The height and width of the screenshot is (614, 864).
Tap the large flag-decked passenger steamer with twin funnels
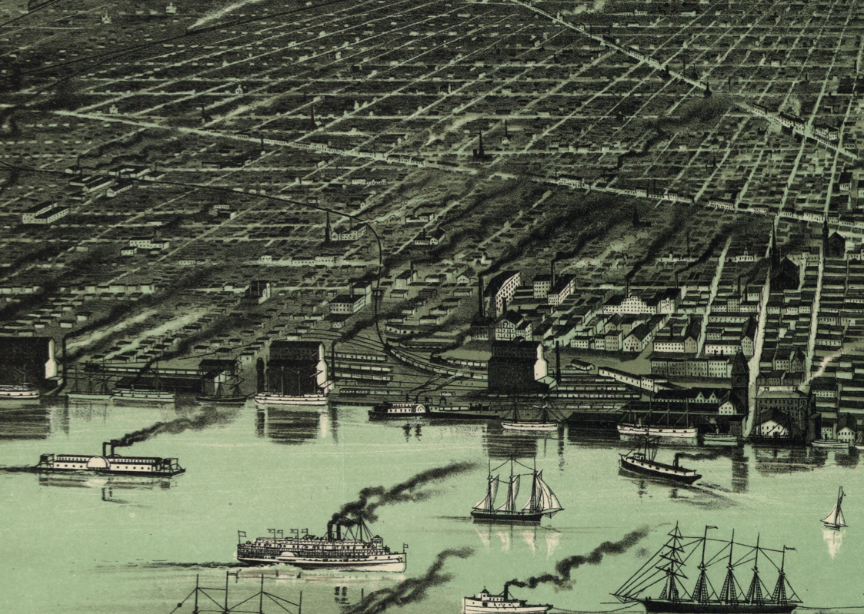(x=321, y=550)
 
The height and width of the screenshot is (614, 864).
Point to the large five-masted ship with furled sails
(x=708, y=573)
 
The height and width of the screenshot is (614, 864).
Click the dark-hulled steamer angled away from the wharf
(x=659, y=465)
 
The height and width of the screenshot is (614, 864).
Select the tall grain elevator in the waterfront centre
(x=516, y=365)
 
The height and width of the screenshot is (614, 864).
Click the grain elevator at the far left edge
(x=27, y=361)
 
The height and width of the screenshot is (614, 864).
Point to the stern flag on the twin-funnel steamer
(x=405, y=547)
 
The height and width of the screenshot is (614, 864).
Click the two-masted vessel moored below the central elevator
(x=531, y=419)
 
